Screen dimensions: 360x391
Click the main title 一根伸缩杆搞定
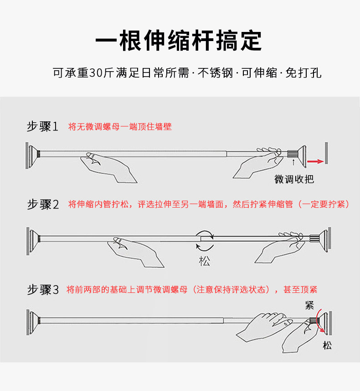pyautogui.click(x=179, y=41)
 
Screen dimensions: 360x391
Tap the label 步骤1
pyautogui.click(x=43, y=126)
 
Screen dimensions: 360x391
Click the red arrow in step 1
pyautogui.click(x=315, y=161)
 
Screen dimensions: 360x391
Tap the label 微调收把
pyautogui.click(x=294, y=179)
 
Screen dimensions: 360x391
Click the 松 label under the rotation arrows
pyautogui.click(x=205, y=261)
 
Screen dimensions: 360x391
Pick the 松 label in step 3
pyautogui.click(x=327, y=345)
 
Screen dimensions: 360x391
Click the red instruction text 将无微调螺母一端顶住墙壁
pyautogui.click(x=120, y=126)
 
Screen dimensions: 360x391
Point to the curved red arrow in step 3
pyautogui.click(x=322, y=322)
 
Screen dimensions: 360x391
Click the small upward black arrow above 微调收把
pyautogui.click(x=294, y=162)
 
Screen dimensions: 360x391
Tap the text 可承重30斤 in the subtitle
pyautogui.click(x=81, y=73)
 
